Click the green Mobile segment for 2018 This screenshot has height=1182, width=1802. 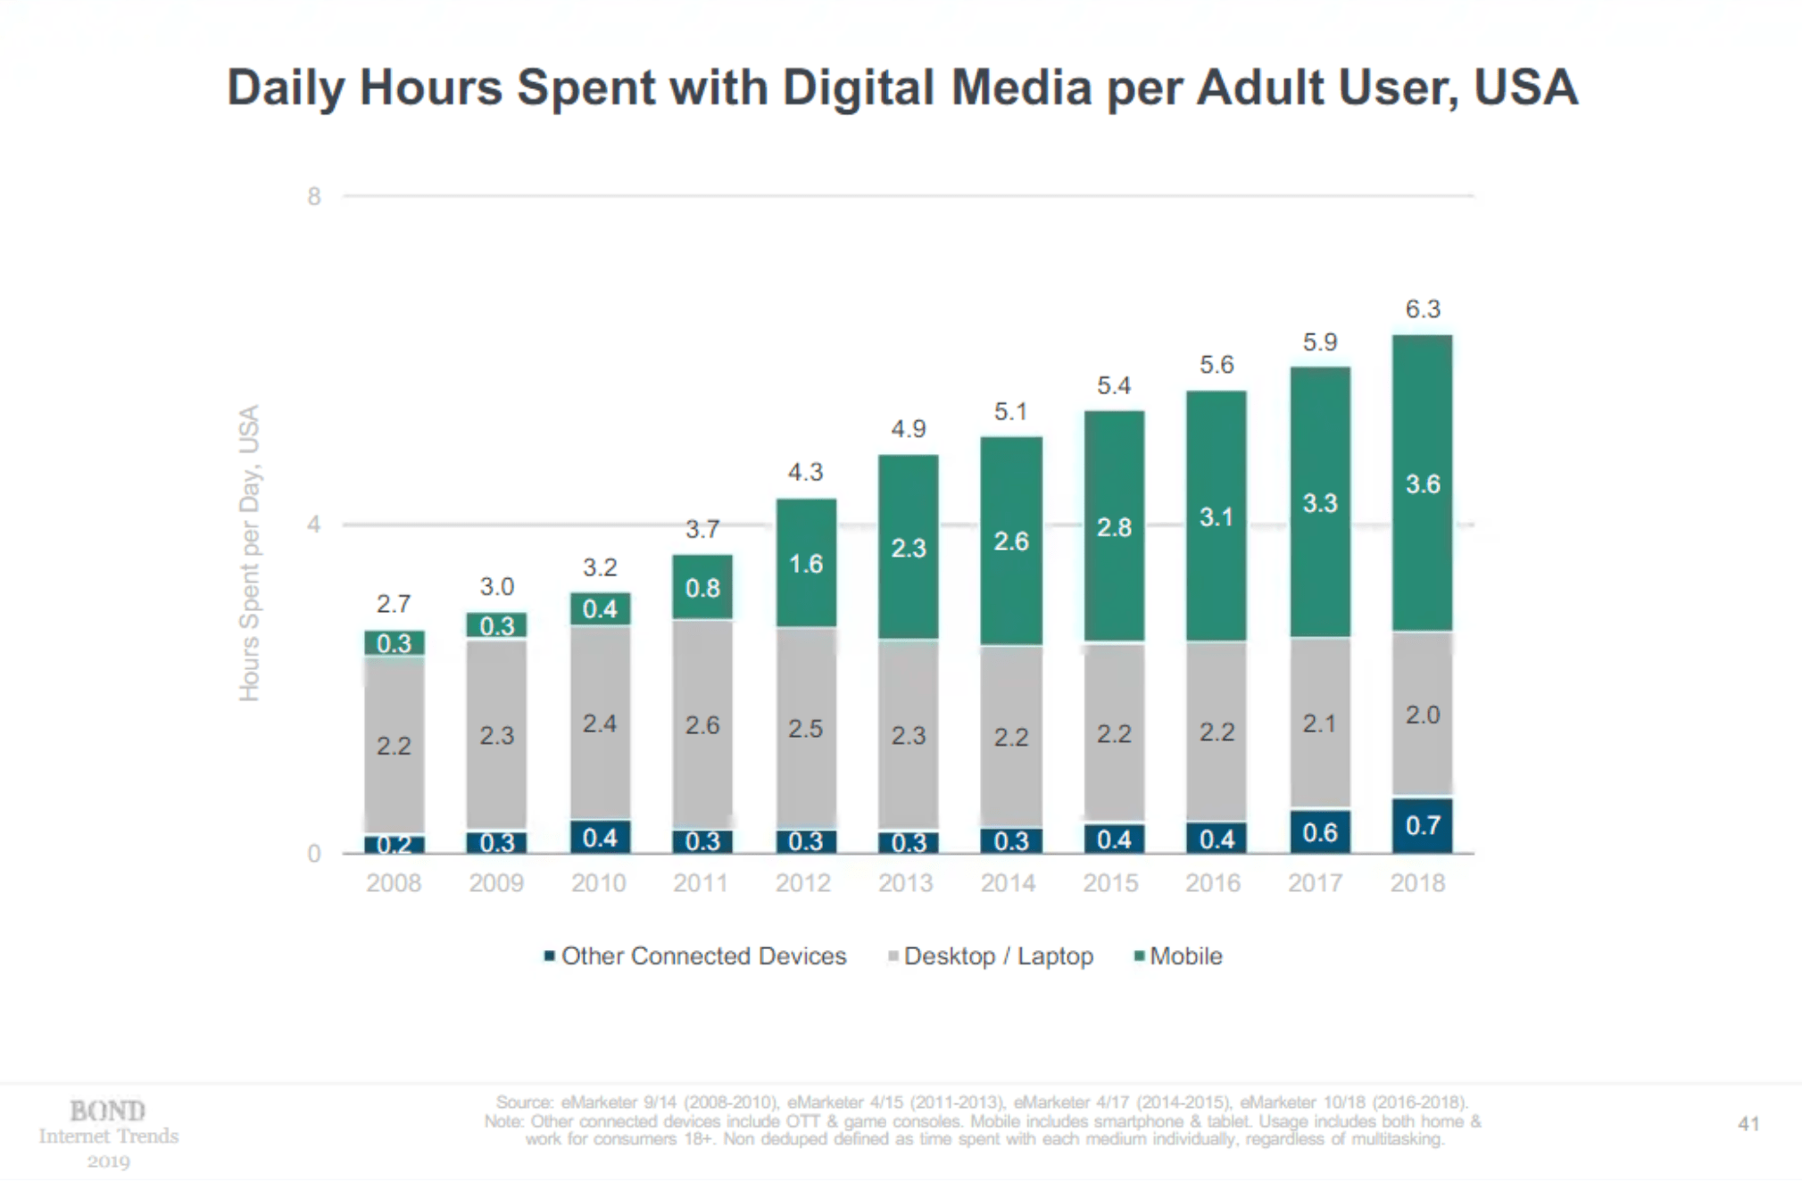(x=1422, y=483)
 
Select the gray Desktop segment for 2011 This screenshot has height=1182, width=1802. (x=702, y=723)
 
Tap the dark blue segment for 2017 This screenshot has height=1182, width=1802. (x=1319, y=831)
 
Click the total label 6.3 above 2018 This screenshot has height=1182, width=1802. (x=1423, y=309)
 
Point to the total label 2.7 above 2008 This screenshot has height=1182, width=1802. (x=394, y=604)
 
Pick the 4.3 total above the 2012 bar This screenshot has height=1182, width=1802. (x=805, y=472)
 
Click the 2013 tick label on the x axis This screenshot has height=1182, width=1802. (x=905, y=883)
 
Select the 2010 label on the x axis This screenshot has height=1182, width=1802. (x=598, y=883)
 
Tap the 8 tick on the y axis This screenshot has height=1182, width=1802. (x=314, y=196)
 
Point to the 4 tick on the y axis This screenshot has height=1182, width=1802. (x=314, y=525)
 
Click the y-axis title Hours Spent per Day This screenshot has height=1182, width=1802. (x=249, y=553)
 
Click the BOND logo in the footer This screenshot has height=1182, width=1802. (x=108, y=1112)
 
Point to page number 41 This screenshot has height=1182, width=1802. (x=1748, y=1124)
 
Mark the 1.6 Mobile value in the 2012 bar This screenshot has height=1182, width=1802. (x=805, y=564)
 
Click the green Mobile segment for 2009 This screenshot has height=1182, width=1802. (x=496, y=625)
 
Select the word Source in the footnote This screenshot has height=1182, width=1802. (x=523, y=1103)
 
